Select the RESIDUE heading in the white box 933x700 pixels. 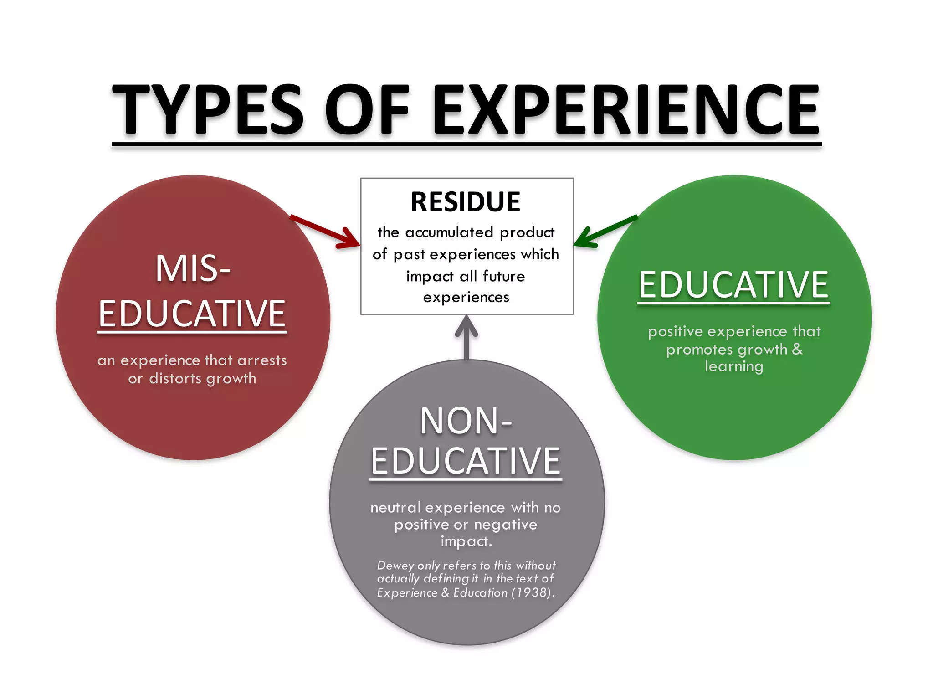point(466,202)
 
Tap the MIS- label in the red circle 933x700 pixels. point(193,269)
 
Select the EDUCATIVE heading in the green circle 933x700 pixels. point(733,285)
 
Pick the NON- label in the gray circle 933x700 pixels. point(466,421)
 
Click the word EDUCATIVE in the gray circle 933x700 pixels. point(466,461)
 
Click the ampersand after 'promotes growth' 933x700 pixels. point(797,349)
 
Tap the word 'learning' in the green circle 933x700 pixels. point(734,366)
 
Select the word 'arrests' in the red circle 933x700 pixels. point(262,360)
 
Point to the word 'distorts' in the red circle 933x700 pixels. point(175,379)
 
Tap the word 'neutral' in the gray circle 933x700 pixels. point(395,508)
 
